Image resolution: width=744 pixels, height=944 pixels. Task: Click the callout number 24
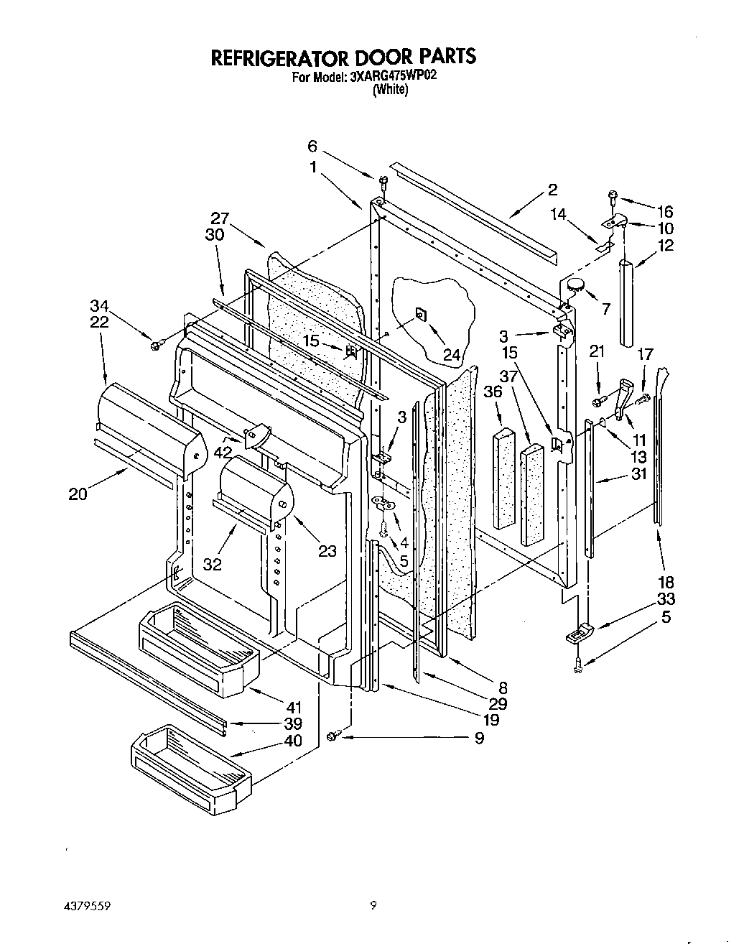(452, 354)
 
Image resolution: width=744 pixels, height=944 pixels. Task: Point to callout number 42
(223, 452)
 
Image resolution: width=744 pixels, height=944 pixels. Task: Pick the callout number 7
(605, 309)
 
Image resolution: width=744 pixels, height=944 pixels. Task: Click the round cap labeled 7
(575, 285)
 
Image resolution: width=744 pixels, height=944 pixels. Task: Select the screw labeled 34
(154, 346)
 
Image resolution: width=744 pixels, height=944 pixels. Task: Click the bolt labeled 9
(333, 736)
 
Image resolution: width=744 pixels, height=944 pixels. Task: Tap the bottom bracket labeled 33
(580, 633)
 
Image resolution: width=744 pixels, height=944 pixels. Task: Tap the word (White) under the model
(390, 90)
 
